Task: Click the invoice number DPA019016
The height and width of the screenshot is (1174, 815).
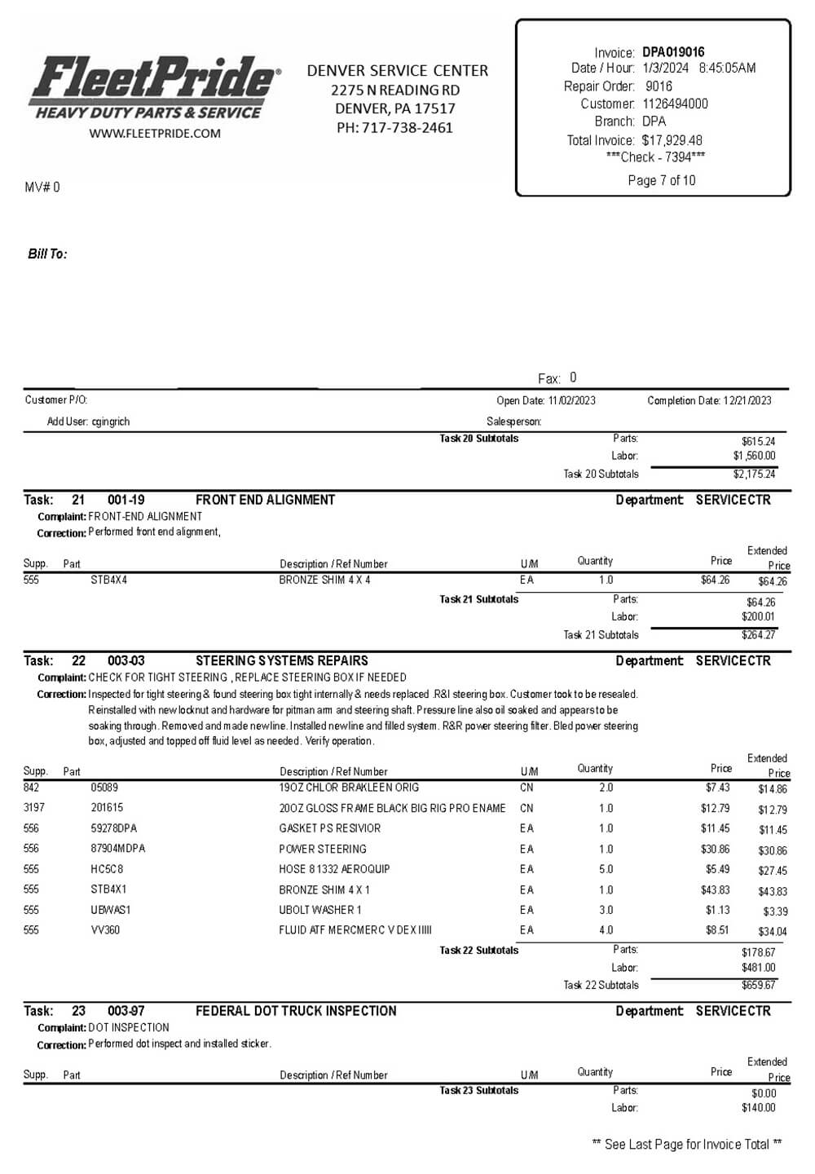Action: click(x=673, y=52)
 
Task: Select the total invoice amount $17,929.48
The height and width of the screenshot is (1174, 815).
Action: click(x=672, y=140)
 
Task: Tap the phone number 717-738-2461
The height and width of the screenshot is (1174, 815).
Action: click(x=407, y=127)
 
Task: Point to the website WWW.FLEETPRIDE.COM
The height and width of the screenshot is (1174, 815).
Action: click(x=155, y=134)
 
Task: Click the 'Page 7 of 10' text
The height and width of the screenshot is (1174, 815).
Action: click(x=662, y=180)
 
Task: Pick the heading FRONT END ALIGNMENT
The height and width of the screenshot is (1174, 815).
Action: click(x=265, y=500)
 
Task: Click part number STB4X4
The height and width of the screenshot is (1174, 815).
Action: click(x=109, y=580)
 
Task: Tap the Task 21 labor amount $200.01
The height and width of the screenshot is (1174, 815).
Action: click(x=758, y=617)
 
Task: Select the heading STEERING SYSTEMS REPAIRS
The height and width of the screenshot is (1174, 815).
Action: click(x=282, y=660)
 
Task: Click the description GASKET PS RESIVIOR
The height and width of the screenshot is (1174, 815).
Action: click(x=330, y=828)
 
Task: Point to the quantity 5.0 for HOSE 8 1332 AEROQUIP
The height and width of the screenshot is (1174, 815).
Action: click(x=606, y=869)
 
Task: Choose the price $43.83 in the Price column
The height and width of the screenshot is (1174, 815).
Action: click(x=715, y=890)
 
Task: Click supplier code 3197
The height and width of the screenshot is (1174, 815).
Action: click(x=34, y=808)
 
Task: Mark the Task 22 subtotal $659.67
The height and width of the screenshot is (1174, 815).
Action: click(x=758, y=985)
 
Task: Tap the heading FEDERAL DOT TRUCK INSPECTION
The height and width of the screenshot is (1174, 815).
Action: click(x=296, y=1011)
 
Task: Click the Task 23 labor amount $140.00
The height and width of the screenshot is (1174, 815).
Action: click(x=758, y=1108)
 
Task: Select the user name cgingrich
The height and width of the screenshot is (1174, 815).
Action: click(x=111, y=421)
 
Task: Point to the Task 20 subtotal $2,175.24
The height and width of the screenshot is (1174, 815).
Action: click(x=754, y=474)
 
